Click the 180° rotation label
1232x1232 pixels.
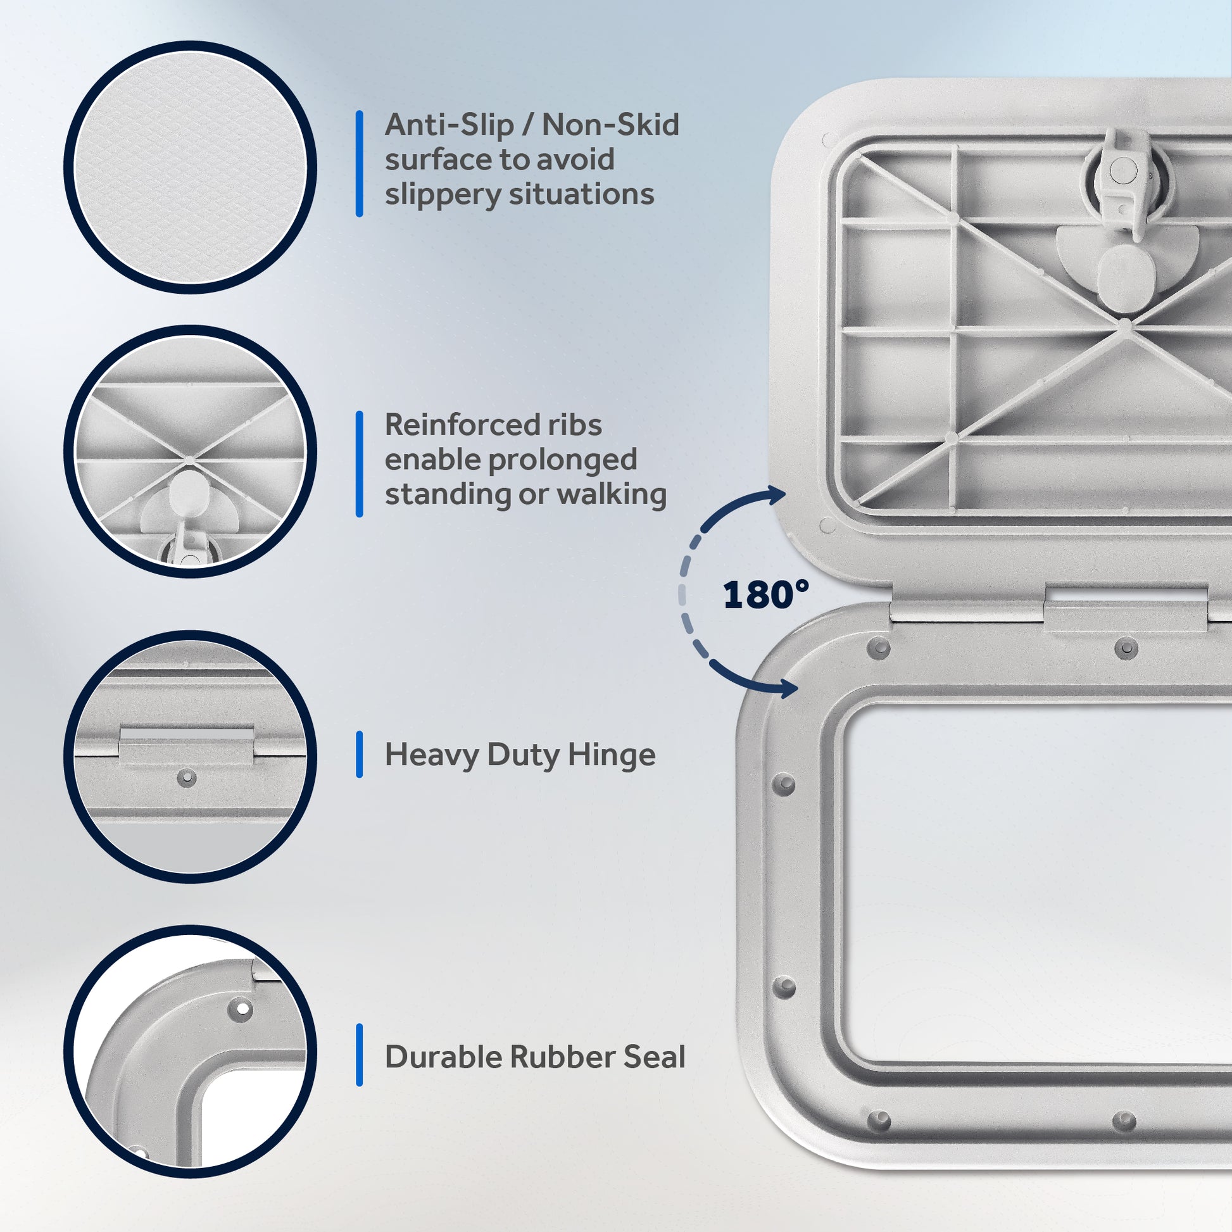[x=766, y=595]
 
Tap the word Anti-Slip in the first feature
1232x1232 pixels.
[x=449, y=124]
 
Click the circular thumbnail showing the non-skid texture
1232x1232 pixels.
[x=190, y=168]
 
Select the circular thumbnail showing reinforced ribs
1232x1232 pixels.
[x=190, y=451]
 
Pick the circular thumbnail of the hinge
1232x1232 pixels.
[x=190, y=757]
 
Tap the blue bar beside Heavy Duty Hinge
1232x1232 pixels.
[x=360, y=755]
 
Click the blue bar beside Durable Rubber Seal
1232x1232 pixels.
[x=360, y=1055]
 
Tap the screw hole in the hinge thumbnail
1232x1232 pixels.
[x=186, y=777]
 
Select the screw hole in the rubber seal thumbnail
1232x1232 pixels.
[x=243, y=1009]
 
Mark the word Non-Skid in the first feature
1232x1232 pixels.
[x=611, y=124]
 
